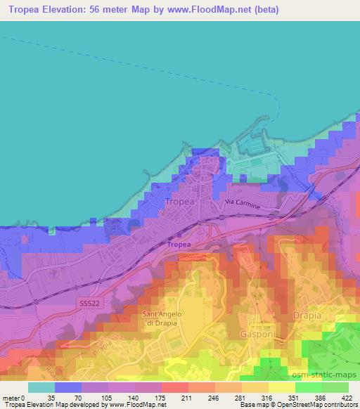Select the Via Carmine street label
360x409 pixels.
click(x=243, y=204)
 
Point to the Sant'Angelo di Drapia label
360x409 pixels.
click(x=162, y=318)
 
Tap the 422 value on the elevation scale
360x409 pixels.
click(x=347, y=397)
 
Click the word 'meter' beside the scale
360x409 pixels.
click(x=10, y=397)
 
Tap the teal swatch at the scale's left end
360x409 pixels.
click(x=41, y=387)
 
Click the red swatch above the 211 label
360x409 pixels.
click(x=174, y=387)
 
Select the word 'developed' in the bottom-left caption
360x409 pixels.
click(x=88, y=405)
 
